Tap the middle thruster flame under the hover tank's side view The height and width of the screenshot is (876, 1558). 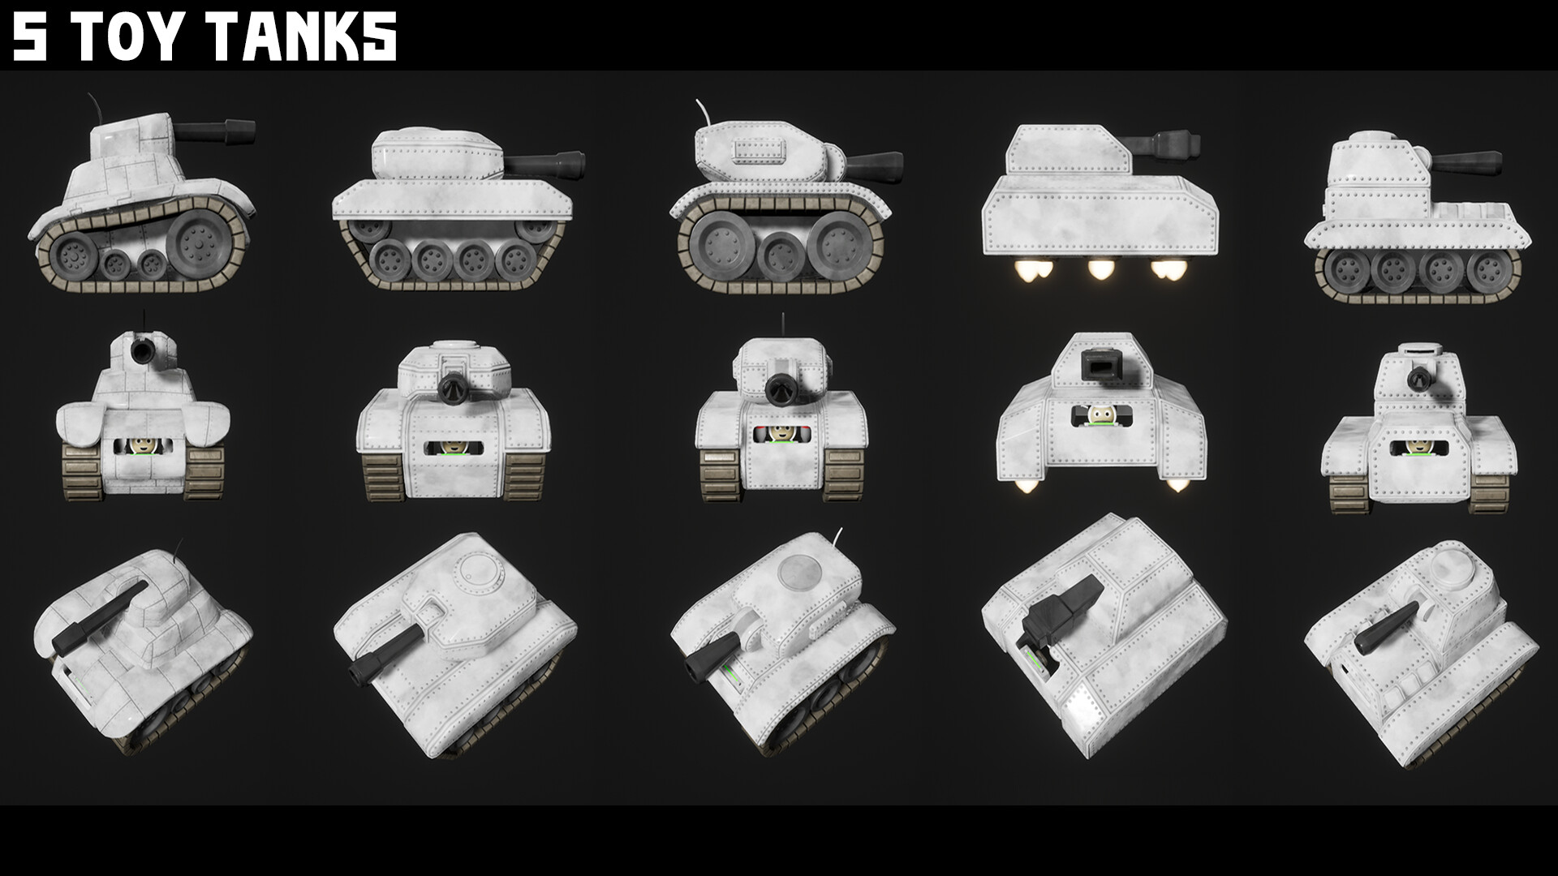pos(1100,269)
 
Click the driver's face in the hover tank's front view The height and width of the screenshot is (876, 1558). pos(1101,417)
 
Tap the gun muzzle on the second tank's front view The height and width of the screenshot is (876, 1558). pos(454,388)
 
